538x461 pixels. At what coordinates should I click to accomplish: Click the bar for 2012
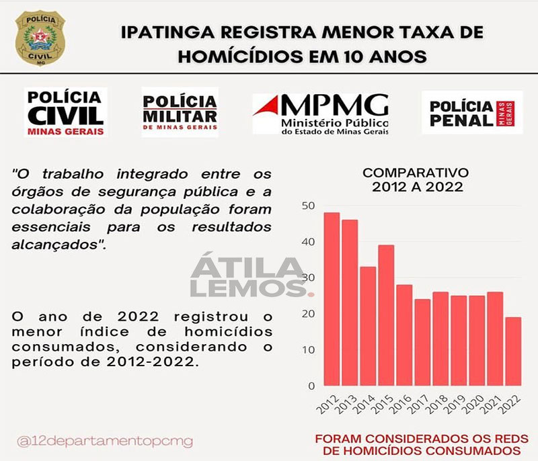tap(332, 299)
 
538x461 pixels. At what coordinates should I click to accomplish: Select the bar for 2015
tap(386, 315)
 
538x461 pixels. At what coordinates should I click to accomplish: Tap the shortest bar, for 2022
tap(513, 351)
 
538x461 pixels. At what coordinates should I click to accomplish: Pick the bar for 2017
tap(422, 342)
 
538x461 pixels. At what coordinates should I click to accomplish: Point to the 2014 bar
tap(368, 326)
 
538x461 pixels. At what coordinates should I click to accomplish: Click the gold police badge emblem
tap(40, 38)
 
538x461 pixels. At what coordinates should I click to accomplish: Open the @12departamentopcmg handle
tap(106, 442)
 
